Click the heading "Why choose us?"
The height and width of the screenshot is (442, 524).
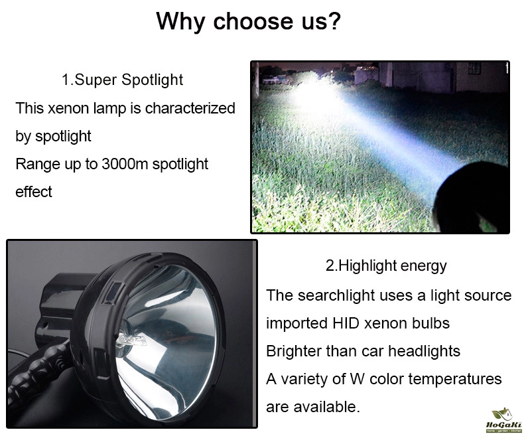(248, 22)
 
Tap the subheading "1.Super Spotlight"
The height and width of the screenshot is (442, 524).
(122, 80)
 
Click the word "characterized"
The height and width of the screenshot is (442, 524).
(190, 108)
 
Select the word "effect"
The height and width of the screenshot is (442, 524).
(34, 192)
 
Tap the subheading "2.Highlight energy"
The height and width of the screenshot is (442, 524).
(386, 266)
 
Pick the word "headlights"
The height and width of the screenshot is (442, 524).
(424, 351)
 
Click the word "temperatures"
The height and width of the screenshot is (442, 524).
(455, 380)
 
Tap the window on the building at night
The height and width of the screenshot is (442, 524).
(474, 68)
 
